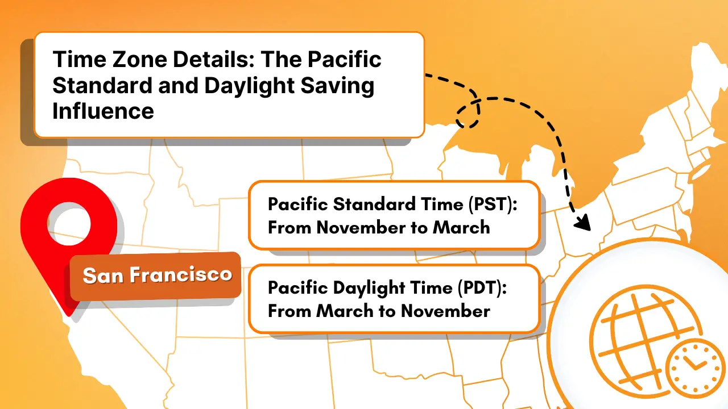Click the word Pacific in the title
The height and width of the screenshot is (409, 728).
tap(345, 60)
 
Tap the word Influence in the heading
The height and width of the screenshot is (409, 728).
tap(103, 111)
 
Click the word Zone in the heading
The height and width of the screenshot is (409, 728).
tap(139, 60)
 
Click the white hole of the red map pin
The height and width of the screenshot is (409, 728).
tap(69, 224)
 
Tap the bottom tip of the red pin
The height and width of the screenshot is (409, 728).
tap(69, 315)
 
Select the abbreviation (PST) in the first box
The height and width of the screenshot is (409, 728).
tap(493, 204)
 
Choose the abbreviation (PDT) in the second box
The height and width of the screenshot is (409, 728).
tap(482, 288)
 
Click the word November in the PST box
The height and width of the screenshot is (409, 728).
tap(361, 228)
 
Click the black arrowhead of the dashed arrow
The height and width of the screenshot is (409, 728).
tap(583, 223)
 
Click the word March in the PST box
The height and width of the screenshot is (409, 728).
tap(461, 228)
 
